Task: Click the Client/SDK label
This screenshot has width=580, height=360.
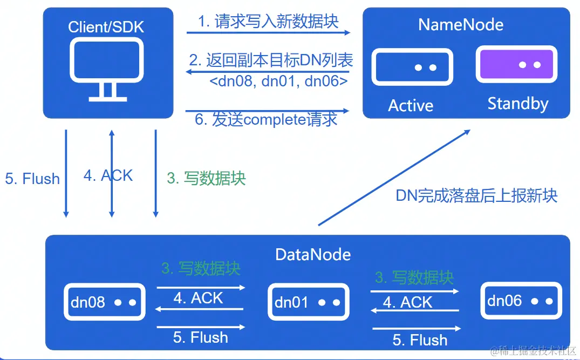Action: pos(107,26)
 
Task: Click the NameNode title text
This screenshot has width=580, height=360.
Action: pos(461,24)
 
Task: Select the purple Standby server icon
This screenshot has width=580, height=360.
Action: pos(515,64)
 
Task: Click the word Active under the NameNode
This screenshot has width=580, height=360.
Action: pos(411,105)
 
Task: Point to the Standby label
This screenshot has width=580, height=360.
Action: pos(517,103)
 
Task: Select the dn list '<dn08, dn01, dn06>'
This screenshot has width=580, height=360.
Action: pos(278,81)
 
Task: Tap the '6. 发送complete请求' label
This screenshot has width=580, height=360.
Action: pos(266,119)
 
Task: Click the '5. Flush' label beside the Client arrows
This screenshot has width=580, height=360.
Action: pos(32,179)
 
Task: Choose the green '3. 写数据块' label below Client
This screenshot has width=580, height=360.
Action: pos(206,179)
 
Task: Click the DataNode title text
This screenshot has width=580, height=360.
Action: pos(313,254)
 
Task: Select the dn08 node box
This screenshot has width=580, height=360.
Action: pos(104,302)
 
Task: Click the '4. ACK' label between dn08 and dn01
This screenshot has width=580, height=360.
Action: pos(198,298)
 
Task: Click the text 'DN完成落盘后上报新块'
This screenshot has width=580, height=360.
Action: pos(476,195)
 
